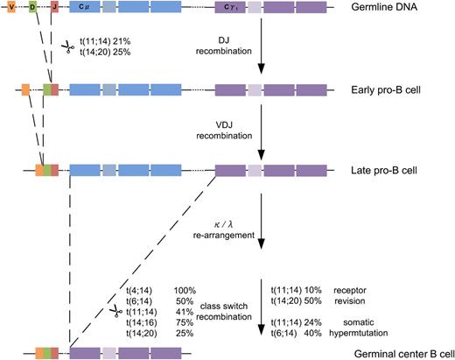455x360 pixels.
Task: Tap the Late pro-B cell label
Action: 394,167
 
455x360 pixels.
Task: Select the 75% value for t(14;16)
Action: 180,321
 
